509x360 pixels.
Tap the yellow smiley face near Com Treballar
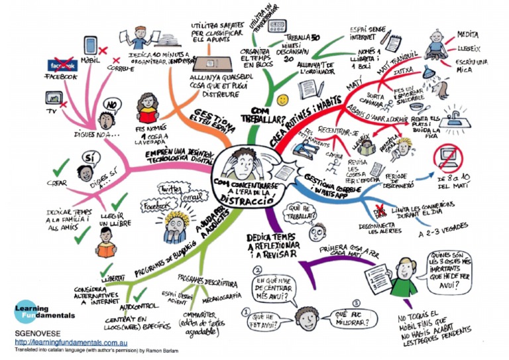coord(284,99)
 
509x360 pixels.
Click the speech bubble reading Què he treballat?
coord(299,213)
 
